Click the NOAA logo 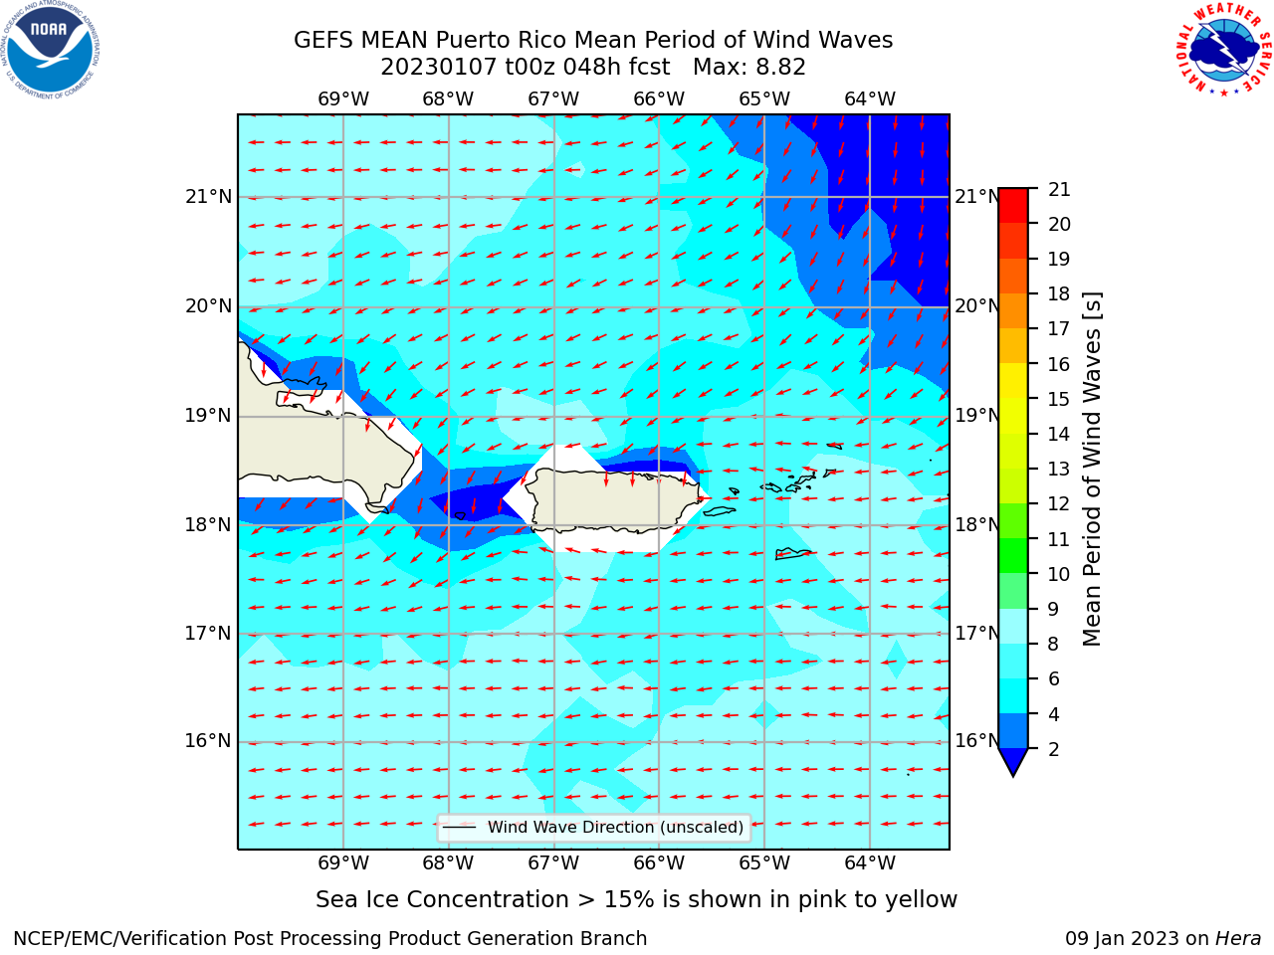coord(51,50)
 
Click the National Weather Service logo coord(1223,50)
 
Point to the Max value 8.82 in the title coord(780,68)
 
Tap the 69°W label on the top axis coord(343,99)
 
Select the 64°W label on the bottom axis coord(870,862)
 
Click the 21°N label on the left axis coord(209,197)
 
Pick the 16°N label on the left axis coord(208,741)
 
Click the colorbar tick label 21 coord(1059,190)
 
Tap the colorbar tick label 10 coord(1059,574)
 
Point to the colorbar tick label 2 coord(1053,749)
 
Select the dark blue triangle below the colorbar coord(1013,760)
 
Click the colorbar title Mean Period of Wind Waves coord(1092,470)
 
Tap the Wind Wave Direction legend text coord(615,827)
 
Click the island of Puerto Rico coord(615,499)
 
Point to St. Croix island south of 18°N coord(793,554)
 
